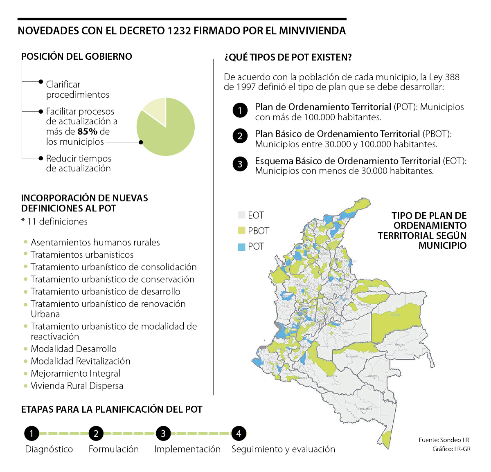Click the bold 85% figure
coord(88,132)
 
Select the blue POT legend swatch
coord(241,247)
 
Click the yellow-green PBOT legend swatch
coord(241,231)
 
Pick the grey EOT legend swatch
coord(241,215)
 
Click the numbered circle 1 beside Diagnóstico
coord(32,434)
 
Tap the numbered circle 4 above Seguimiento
coord(239,434)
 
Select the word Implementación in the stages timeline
coord(187,449)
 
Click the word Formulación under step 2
coord(114,449)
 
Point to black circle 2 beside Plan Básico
coord(240,136)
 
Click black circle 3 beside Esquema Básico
coord(240,164)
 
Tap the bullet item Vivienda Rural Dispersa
coord(77,386)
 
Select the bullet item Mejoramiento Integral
coord(76,373)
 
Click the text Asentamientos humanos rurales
coord(95,243)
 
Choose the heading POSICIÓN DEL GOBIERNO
coord(77,56)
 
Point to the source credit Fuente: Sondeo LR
coord(444,440)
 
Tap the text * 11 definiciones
coord(54,222)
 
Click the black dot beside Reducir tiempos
coord(41,158)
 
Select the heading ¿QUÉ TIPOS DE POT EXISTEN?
coord(288,57)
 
